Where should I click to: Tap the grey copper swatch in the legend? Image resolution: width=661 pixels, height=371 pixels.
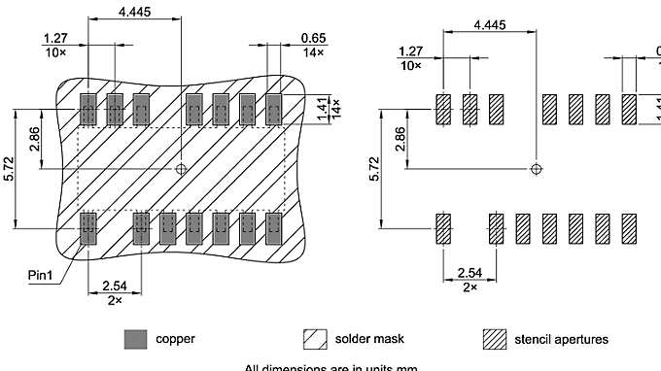135,339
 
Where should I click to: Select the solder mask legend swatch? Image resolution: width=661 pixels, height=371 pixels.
314,339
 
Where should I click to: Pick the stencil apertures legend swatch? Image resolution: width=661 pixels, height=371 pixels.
495,339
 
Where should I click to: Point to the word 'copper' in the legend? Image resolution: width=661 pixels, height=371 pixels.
175,339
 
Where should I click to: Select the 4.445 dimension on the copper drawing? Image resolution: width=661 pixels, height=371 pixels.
135,12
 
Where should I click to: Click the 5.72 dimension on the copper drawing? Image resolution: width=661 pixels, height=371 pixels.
9,172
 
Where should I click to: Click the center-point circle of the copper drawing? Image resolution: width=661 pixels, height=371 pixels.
182,169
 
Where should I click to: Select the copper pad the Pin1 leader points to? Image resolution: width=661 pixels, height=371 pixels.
89,229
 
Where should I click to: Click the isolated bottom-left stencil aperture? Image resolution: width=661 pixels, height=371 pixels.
444,229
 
